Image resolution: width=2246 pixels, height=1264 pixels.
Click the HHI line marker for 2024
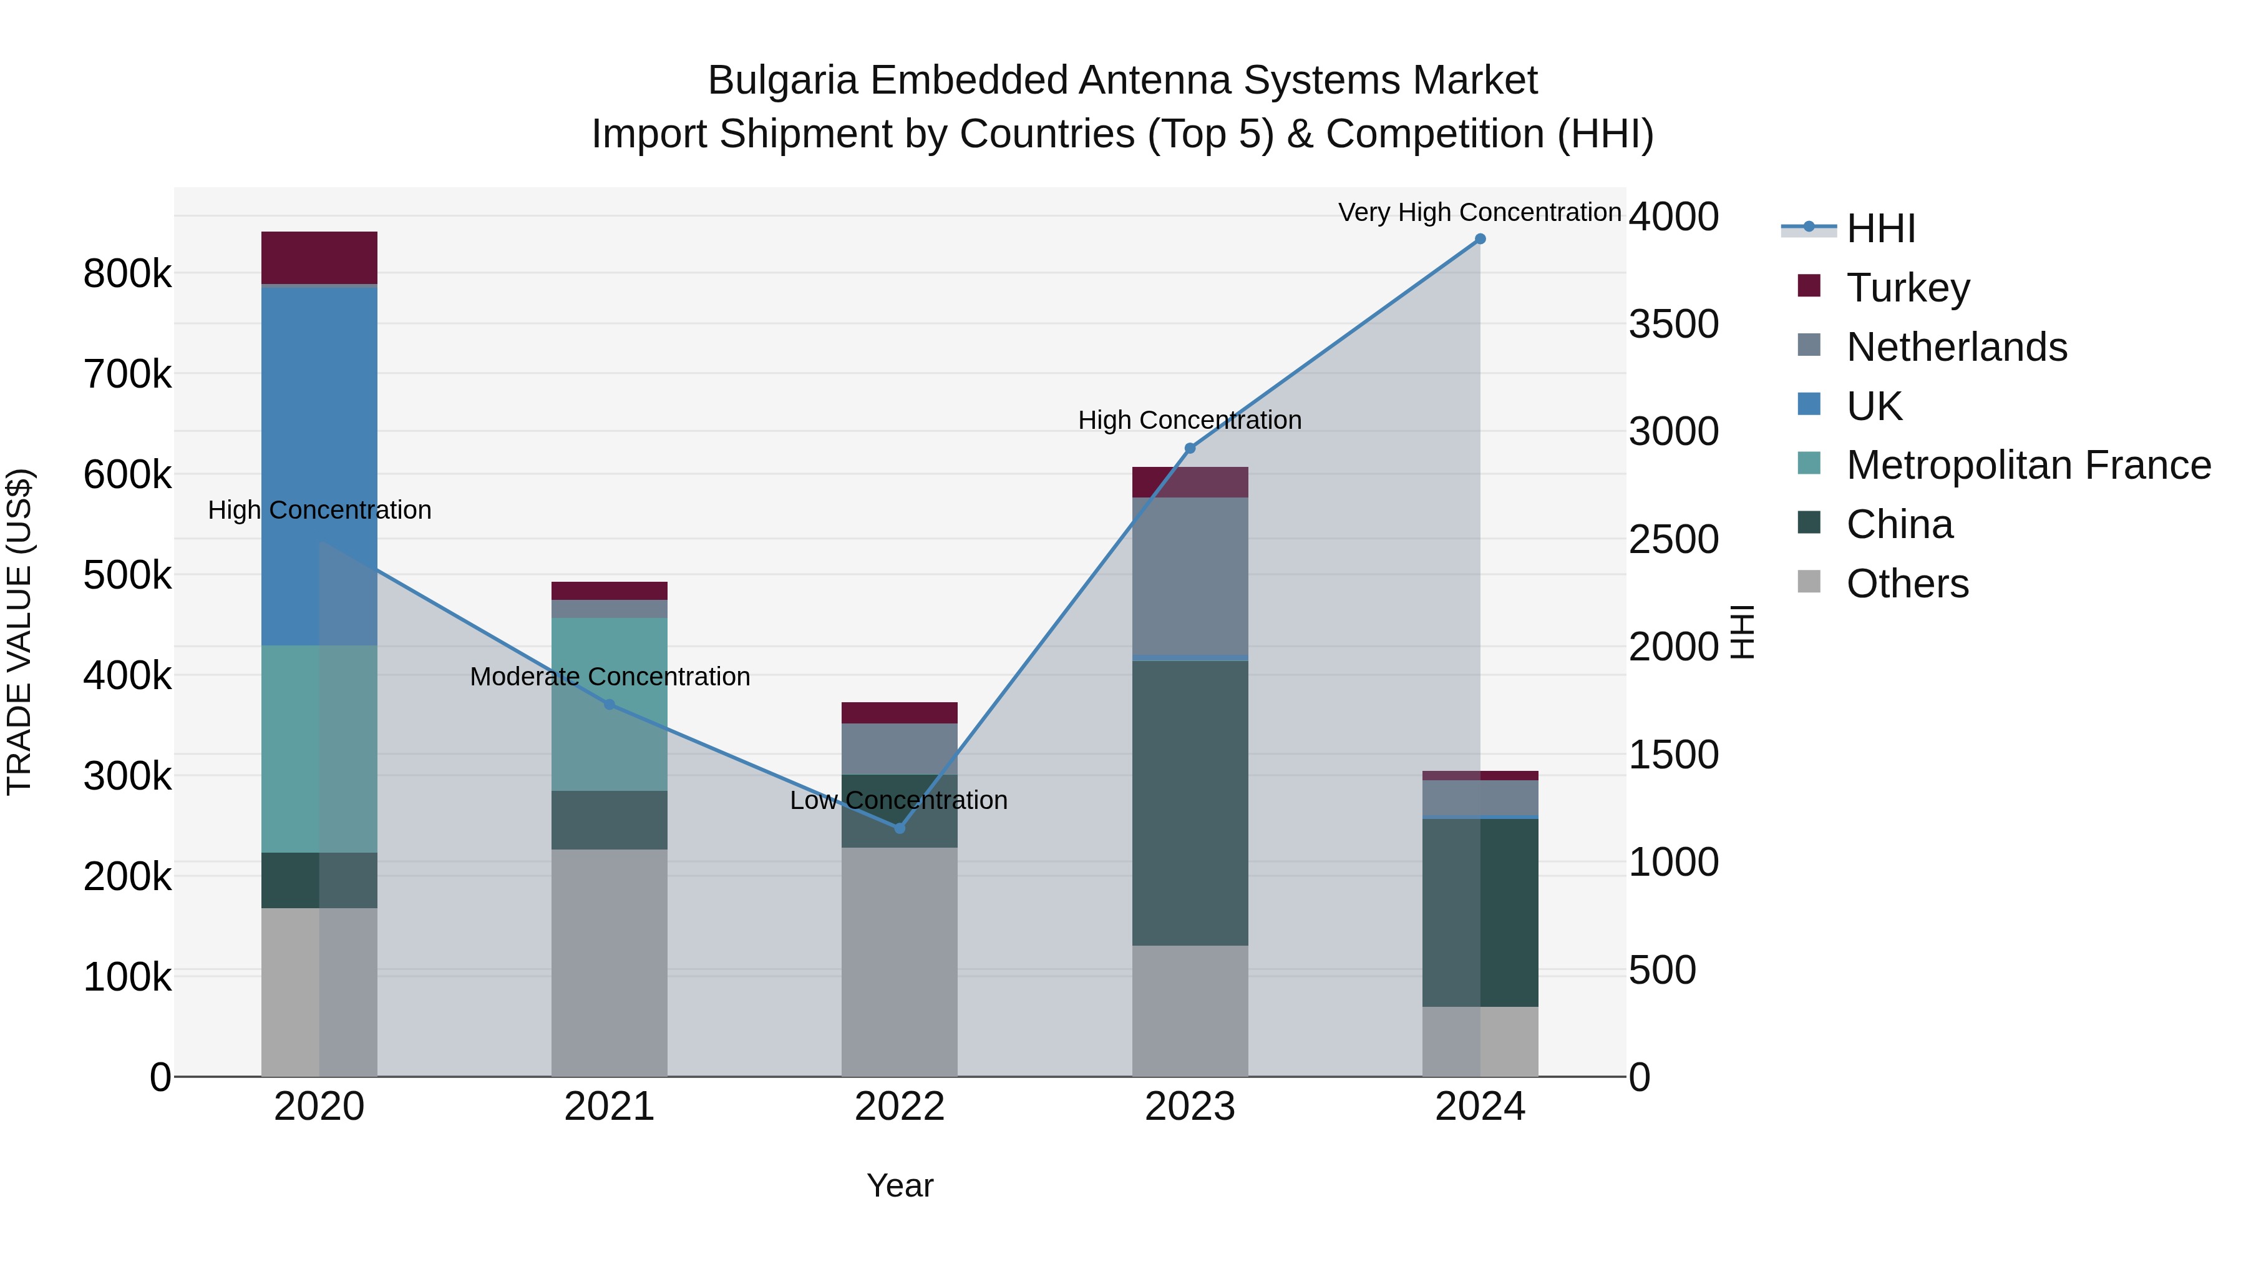click(1480, 239)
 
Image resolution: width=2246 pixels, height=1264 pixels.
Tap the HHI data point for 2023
click(1190, 448)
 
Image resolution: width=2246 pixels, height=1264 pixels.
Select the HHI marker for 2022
click(900, 828)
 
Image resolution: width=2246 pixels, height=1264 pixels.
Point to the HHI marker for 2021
click(610, 705)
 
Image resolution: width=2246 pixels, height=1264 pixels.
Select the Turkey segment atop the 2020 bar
click(319, 257)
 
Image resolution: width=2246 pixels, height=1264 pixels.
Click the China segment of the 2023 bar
click(1190, 803)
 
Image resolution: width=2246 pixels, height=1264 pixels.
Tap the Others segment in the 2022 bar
click(899, 959)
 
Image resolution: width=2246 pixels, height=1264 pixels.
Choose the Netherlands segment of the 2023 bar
click(1190, 576)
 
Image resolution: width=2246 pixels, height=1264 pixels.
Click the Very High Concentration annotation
click(1480, 212)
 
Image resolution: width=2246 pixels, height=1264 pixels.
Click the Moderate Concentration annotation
click(610, 676)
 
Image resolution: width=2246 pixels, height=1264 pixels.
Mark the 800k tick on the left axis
click(127, 274)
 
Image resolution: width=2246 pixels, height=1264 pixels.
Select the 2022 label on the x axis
click(900, 1107)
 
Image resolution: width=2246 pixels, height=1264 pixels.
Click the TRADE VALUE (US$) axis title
click(19, 632)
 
